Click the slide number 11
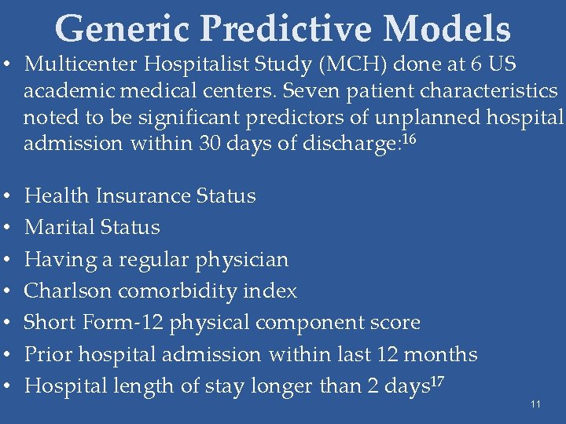tap(535, 404)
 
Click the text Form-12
tap(111, 323)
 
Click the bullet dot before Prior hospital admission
tap(7, 355)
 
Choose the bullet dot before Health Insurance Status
tap(7, 196)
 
